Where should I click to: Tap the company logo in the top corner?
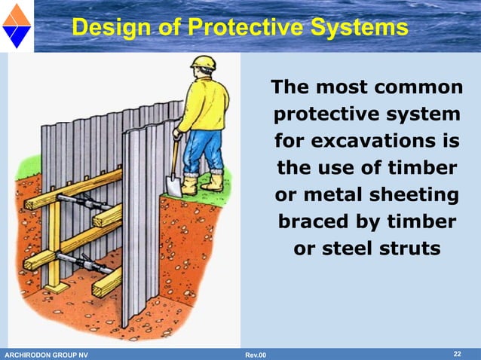[16, 24]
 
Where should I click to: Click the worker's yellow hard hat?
[204, 63]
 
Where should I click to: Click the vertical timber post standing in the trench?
[54, 241]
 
